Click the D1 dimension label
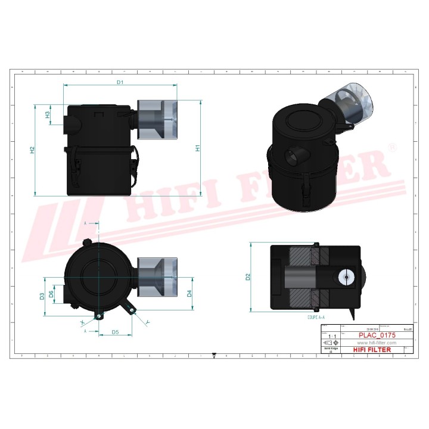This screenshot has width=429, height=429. coord(120,82)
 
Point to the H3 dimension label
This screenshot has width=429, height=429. coord(48,115)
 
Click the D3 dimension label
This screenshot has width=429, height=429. coord(42,296)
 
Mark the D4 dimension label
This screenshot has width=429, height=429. coord(189,293)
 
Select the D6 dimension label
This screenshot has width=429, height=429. coord(52,293)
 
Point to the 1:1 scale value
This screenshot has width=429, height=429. coord(331,337)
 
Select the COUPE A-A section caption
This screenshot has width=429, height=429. coord(316,318)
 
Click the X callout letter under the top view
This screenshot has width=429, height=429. coord(82,322)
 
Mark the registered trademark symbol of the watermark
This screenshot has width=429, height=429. coord(391,147)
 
